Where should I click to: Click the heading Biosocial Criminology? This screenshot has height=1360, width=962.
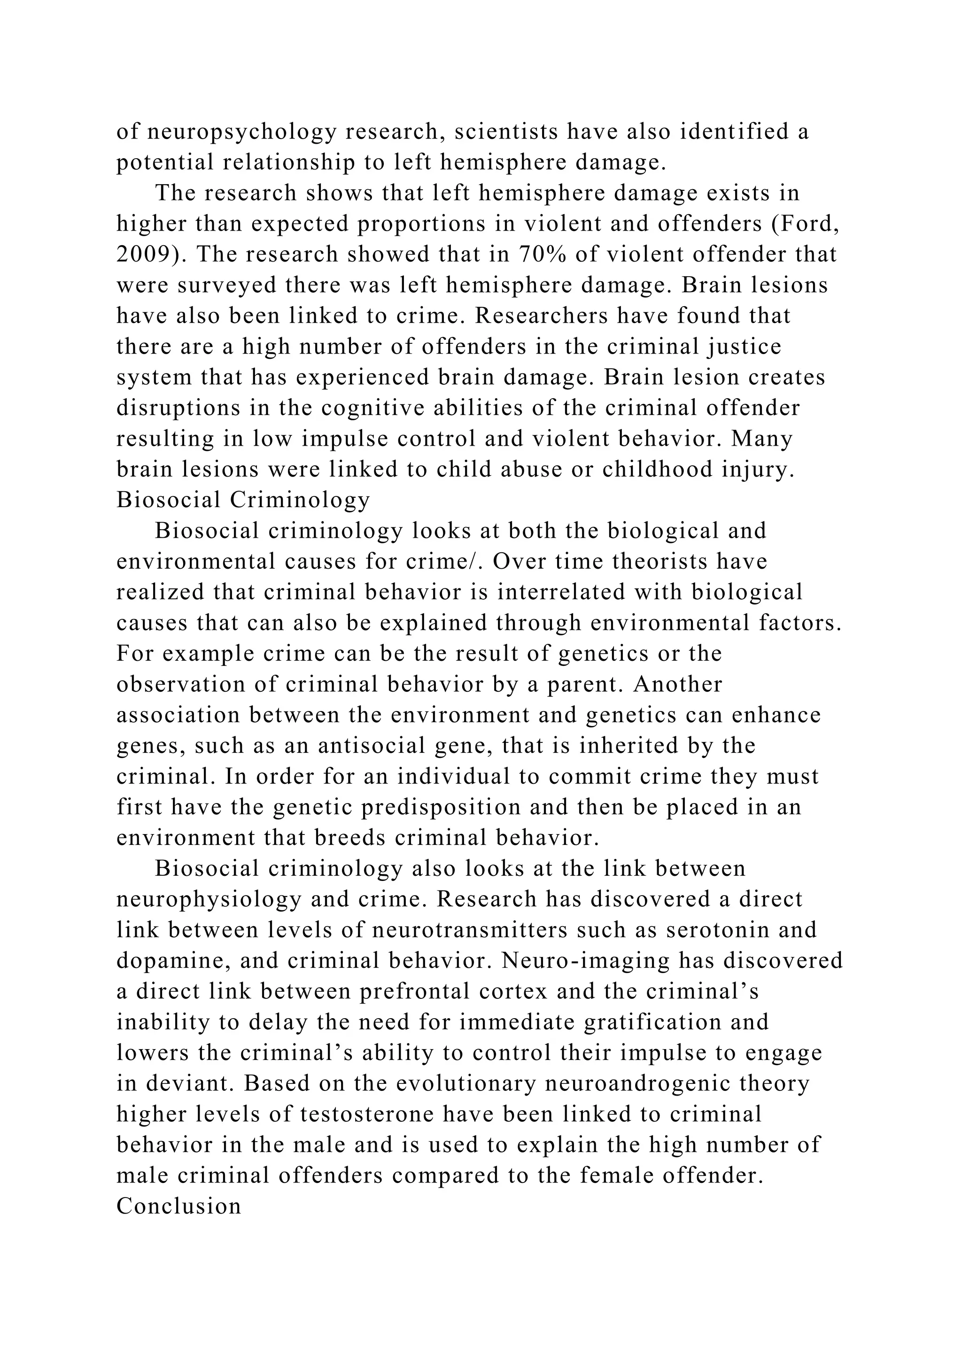pos(243,500)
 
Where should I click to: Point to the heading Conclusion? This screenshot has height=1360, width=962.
pos(179,1206)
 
